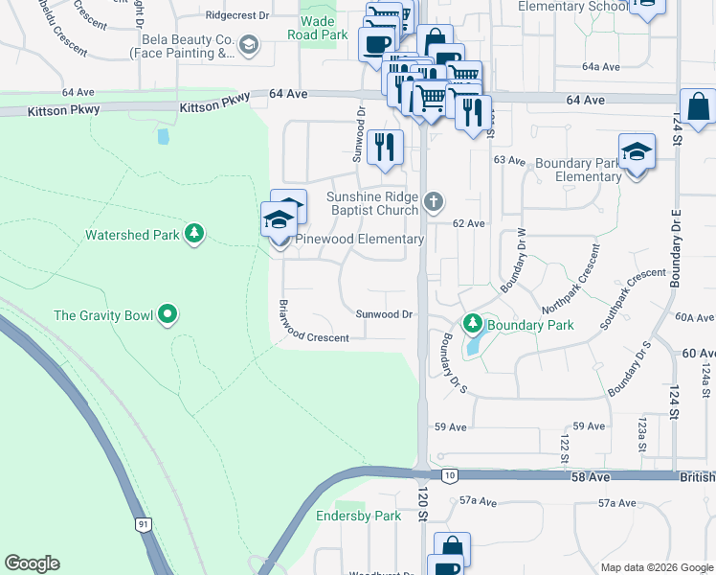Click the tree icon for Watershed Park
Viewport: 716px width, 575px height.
click(x=194, y=234)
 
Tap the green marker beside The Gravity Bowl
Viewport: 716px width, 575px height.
click(x=168, y=313)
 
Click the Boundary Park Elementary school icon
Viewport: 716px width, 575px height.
click(x=636, y=153)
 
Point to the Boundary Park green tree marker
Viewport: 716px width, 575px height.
click(x=472, y=325)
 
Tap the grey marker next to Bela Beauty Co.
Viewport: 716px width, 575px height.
click(x=249, y=44)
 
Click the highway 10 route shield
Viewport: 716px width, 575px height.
click(x=449, y=474)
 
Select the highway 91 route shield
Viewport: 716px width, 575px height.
click(x=143, y=524)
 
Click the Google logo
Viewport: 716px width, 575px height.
click(x=32, y=563)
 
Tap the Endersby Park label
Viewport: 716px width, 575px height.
click(x=359, y=516)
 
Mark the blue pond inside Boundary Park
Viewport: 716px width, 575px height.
click(x=472, y=347)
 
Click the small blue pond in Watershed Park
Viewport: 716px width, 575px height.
click(x=163, y=136)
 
